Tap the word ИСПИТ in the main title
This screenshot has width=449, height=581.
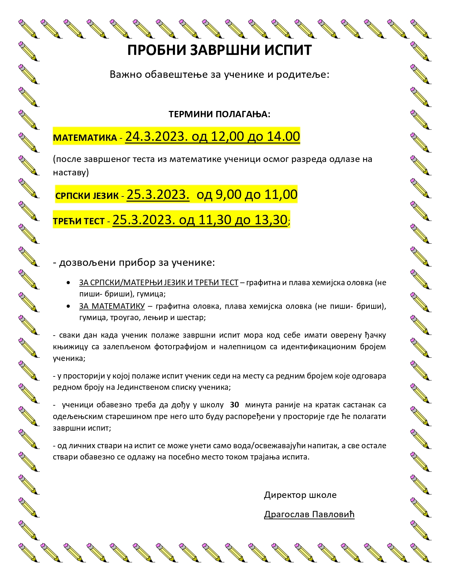(288, 50)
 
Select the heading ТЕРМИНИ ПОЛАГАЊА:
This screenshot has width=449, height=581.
(219, 114)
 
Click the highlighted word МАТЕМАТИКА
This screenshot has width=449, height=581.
(85, 138)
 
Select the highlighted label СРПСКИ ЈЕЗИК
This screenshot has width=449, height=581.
(87, 196)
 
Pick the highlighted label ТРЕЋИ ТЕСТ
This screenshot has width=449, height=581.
(79, 221)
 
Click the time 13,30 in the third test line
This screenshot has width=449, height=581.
(271, 220)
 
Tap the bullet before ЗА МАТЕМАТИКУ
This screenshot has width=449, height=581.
(68, 306)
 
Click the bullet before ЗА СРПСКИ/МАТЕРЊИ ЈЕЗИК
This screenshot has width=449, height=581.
(68, 283)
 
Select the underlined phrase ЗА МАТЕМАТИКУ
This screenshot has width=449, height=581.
(112, 306)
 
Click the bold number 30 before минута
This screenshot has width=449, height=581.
(234, 405)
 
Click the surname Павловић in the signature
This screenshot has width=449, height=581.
(332, 514)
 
